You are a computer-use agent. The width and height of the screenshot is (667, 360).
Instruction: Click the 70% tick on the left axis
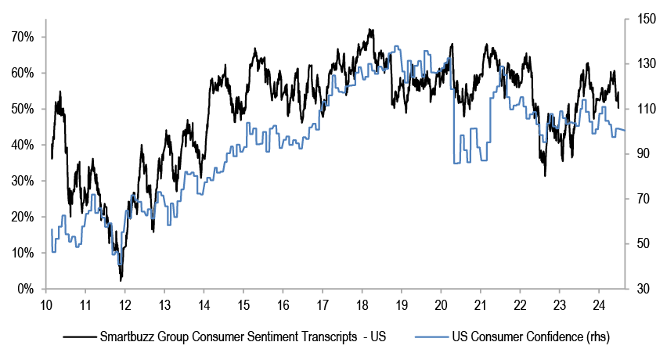point(22,37)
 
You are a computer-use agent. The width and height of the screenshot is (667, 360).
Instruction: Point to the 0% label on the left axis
point(25,290)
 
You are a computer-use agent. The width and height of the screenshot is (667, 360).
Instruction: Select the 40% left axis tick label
point(22,145)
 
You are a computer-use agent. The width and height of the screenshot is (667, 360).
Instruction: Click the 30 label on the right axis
point(640,290)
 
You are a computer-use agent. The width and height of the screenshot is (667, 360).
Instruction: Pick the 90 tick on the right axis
point(640,154)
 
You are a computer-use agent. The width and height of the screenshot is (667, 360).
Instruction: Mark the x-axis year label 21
point(480,304)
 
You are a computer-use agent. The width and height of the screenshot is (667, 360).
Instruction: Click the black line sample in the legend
point(78,338)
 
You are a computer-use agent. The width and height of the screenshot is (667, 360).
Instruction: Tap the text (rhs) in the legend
point(593,338)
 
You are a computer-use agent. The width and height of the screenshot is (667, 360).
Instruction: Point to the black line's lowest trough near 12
point(121,280)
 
